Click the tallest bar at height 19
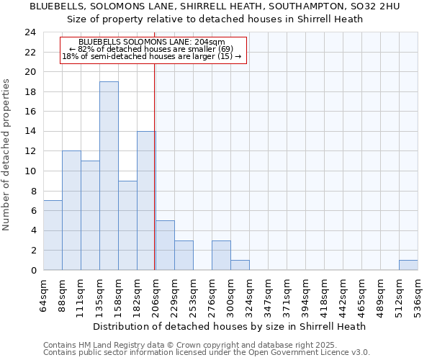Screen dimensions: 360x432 click(x=109, y=176)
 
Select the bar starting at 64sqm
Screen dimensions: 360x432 click(x=53, y=235)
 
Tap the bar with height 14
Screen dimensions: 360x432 click(x=146, y=201)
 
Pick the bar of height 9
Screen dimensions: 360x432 click(x=127, y=225)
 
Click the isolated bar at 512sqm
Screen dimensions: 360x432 click(x=408, y=265)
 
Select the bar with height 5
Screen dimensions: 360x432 click(x=165, y=246)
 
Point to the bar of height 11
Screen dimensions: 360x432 click(x=90, y=215)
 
